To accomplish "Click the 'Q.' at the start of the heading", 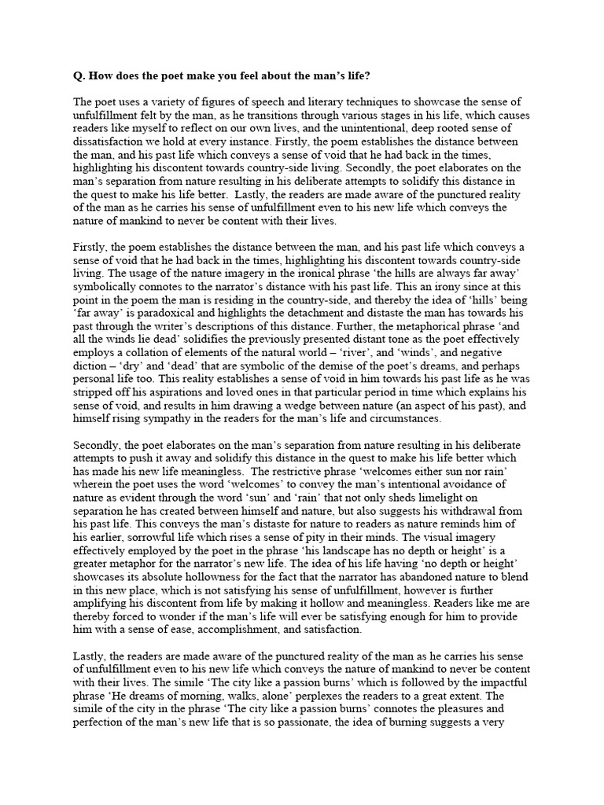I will tap(79, 75).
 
